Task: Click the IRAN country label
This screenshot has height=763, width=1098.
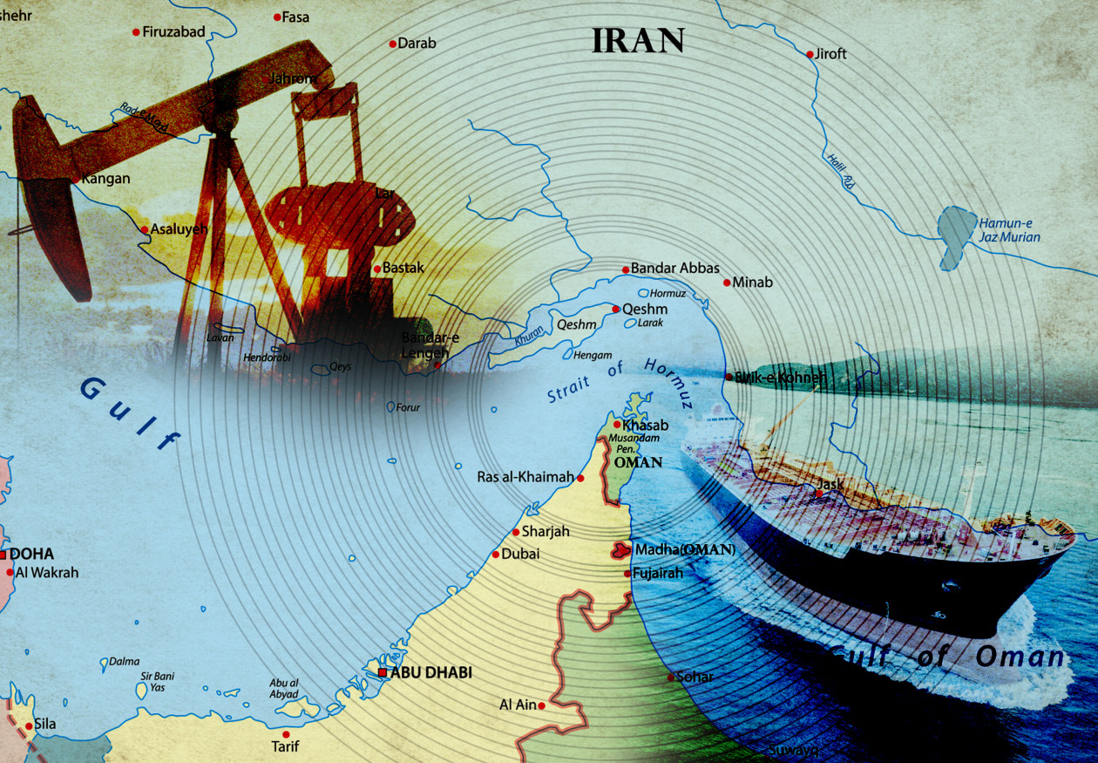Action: click(638, 40)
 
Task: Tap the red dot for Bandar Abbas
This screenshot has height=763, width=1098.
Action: click(625, 269)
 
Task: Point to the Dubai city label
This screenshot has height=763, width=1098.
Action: click(521, 554)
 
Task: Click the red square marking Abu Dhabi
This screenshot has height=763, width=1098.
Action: click(383, 672)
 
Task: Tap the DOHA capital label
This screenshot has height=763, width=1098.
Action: click(31, 554)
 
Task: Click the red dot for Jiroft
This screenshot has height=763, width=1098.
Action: click(810, 54)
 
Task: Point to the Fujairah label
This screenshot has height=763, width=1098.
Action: click(659, 574)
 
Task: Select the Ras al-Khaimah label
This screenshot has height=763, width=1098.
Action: click(525, 477)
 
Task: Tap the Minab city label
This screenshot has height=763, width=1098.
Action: click(752, 283)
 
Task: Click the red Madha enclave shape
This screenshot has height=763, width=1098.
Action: click(620, 550)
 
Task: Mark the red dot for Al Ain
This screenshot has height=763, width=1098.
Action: click(542, 705)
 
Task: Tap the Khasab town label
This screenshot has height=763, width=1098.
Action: click(646, 426)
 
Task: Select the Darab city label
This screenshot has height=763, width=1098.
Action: click(417, 43)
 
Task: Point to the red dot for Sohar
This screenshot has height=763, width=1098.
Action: click(670, 678)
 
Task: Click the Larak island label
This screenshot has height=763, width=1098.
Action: click(650, 323)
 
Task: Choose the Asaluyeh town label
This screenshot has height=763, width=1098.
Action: click(180, 229)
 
